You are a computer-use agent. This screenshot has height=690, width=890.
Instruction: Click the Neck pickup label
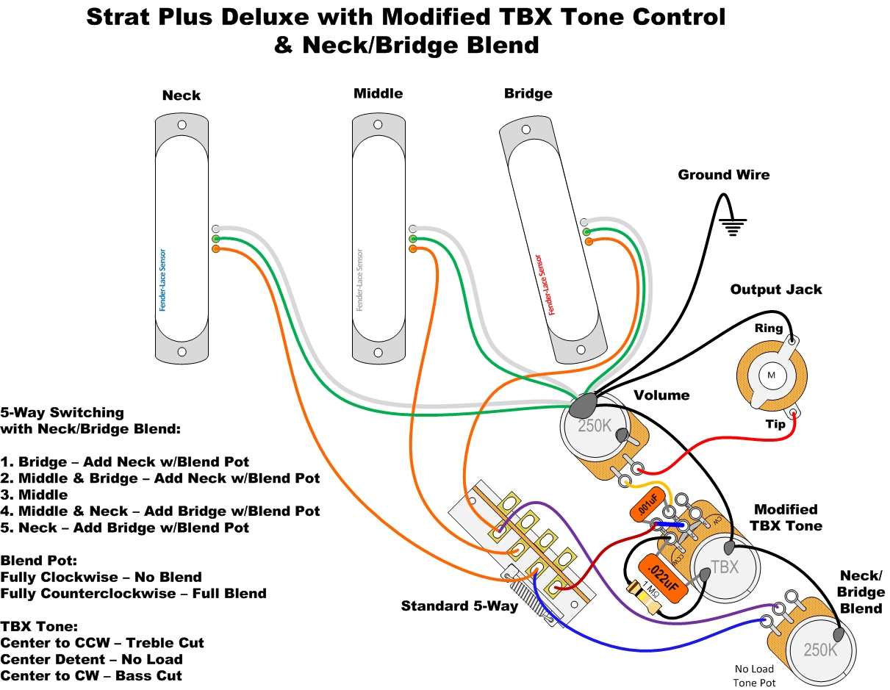[x=181, y=96]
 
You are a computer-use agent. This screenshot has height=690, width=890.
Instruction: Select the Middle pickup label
[x=378, y=93]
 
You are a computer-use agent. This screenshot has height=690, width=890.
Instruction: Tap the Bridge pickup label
[x=528, y=93]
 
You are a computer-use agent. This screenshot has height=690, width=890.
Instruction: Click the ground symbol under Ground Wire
[x=733, y=225]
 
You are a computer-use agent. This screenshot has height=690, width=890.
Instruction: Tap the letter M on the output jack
[x=771, y=375]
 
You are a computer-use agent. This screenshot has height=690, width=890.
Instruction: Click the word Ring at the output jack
[x=769, y=328]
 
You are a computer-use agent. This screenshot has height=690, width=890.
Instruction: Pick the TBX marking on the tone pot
[x=725, y=567]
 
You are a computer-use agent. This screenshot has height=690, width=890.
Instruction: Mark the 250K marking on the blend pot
[x=819, y=650]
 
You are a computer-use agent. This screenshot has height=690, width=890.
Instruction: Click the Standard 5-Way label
[x=459, y=606]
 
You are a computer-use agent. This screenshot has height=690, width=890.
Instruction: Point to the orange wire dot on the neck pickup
[x=215, y=249]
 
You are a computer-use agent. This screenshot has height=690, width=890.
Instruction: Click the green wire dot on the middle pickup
[x=413, y=240]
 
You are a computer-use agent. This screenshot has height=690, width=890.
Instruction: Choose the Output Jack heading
[x=775, y=290]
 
